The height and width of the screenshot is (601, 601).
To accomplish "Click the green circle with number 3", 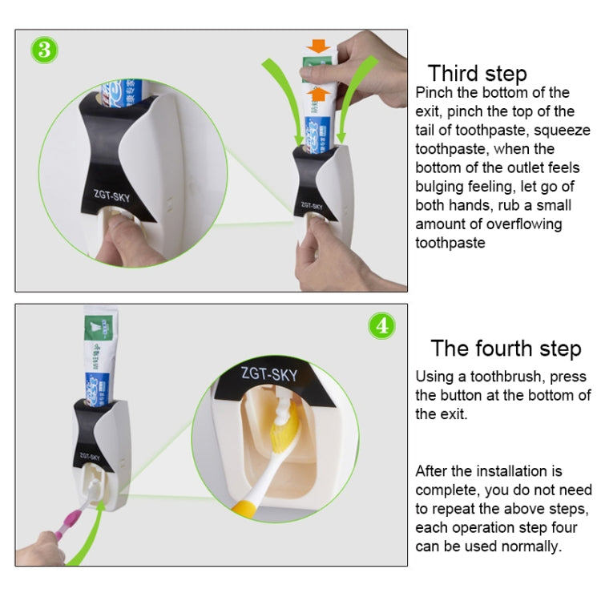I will (45, 50).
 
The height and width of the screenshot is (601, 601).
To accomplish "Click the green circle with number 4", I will (381, 325).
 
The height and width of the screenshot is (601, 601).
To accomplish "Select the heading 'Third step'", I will (477, 74).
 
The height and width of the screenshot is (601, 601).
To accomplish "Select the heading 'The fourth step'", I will (505, 349).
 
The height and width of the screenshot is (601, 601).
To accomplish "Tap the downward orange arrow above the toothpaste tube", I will (318, 44).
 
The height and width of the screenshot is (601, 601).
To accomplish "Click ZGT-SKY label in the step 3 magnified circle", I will (111, 192).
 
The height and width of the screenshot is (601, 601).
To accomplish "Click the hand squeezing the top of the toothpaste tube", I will (369, 68).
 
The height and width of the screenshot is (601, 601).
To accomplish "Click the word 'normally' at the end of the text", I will (528, 546).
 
